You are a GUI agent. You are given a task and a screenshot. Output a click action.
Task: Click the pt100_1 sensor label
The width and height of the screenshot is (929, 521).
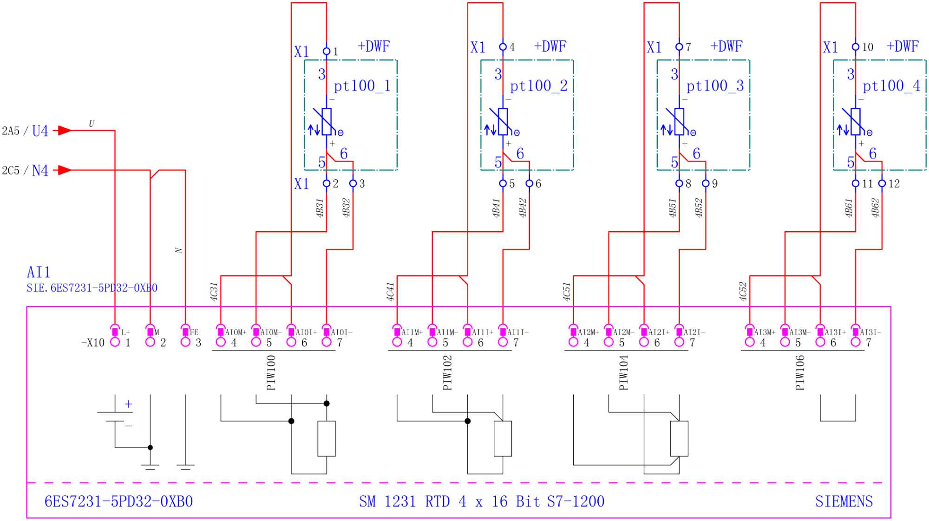pos(362,86)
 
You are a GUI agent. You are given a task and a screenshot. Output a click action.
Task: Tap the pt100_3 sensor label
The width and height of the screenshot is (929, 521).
pos(715,86)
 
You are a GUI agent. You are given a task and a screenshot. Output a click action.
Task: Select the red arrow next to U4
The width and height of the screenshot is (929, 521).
pos(65,130)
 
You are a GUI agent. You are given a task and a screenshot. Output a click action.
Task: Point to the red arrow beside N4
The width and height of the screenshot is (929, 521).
pos(65,170)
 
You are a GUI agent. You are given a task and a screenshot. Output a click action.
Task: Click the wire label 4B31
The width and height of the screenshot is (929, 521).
pos(320,208)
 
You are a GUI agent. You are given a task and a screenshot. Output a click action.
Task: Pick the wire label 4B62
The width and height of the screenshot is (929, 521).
pos(875,208)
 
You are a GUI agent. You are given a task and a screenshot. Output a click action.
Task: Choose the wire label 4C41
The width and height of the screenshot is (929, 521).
pos(391,292)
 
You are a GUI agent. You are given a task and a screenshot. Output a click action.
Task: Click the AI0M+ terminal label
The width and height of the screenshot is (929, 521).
pos(236,332)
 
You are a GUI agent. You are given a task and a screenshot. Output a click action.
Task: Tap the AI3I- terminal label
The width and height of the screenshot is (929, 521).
pos(870,332)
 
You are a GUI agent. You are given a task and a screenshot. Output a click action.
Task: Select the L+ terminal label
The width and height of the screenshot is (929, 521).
pos(126,332)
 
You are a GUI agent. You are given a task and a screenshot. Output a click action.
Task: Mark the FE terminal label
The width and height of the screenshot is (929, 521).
pos(194,332)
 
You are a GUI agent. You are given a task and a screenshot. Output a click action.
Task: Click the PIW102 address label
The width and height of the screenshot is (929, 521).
pos(447,373)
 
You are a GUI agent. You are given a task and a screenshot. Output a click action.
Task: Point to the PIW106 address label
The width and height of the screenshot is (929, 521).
pos(800,373)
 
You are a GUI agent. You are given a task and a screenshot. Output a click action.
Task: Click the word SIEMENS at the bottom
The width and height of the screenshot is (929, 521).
pos(844,501)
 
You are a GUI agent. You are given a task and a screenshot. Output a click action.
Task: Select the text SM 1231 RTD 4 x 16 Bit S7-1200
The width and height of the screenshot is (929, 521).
pos(481,501)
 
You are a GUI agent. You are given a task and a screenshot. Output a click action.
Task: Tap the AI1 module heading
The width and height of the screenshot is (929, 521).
pos(39,272)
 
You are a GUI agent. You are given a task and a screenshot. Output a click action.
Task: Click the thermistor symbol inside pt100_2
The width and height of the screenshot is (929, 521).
pos(503,122)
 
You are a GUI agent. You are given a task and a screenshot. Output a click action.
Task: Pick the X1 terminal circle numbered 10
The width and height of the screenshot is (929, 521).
pos(855,47)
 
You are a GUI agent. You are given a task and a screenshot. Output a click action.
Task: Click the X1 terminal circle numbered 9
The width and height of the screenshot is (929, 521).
pos(706,184)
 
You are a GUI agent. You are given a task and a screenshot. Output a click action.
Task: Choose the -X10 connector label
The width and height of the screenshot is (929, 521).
pos(93,343)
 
